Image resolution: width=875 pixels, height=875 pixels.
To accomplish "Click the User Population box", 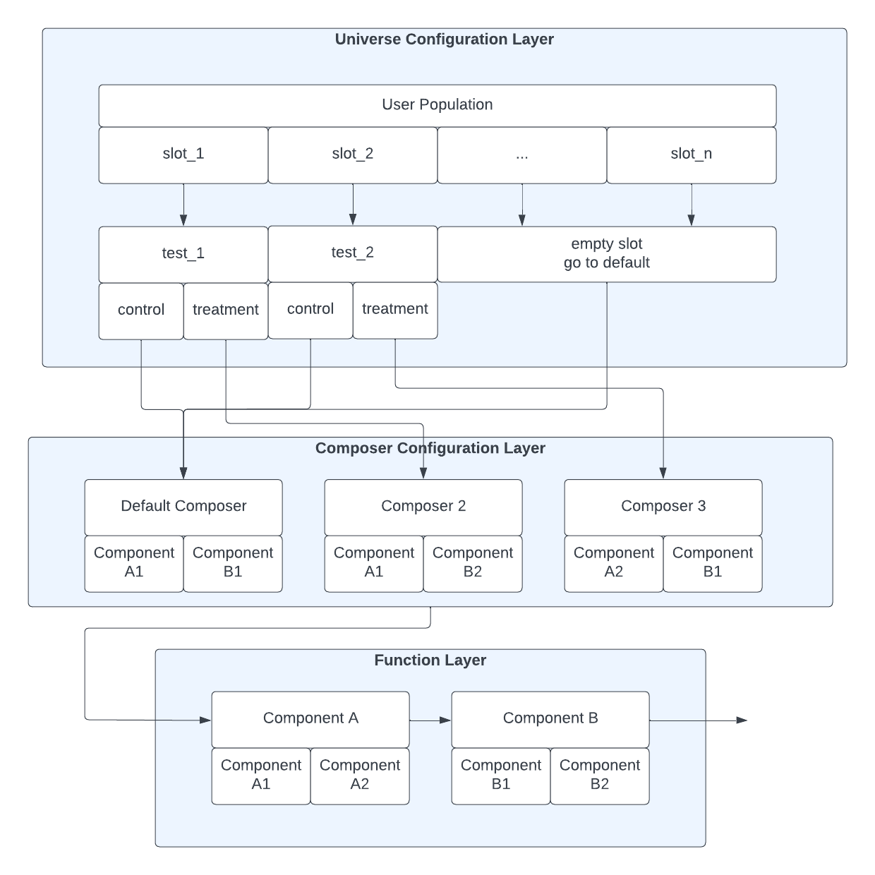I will click(x=437, y=105).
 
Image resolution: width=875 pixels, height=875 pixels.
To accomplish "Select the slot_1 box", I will click(x=183, y=155).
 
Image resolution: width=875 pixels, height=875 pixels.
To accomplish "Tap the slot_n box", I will click(x=692, y=155).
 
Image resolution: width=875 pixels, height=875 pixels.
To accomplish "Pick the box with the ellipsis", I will click(x=522, y=155).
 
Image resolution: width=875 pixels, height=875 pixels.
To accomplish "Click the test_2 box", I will click(x=353, y=253).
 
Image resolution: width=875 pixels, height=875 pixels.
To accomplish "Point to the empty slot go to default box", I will click(x=607, y=254).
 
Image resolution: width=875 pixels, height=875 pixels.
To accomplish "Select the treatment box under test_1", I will click(x=226, y=310).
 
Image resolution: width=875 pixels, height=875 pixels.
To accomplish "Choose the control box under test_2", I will click(x=310, y=310).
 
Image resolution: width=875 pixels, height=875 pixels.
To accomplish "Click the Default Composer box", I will click(x=183, y=507).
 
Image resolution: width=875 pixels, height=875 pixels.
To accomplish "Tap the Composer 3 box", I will click(x=663, y=507).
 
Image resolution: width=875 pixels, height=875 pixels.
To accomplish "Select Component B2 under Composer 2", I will click(x=473, y=563).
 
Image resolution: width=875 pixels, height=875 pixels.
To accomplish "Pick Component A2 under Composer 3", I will click(x=614, y=563).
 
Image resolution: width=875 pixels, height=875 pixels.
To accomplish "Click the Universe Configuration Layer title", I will click(x=445, y=40).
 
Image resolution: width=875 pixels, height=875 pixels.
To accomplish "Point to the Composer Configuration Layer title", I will click(x=430, y=449).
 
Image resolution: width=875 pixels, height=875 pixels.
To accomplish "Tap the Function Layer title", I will click(x=430, y=660).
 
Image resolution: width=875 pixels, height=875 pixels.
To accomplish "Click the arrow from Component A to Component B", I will click(x=430, y=720).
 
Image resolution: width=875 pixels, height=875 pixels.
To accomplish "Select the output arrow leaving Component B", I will click(x=699, y=720).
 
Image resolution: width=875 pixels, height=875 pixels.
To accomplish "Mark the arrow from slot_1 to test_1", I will click(x=183, y=205).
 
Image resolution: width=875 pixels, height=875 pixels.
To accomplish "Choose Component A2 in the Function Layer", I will click(x=360, y=775).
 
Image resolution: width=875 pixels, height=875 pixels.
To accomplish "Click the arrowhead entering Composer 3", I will click(x=663, y=473).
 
